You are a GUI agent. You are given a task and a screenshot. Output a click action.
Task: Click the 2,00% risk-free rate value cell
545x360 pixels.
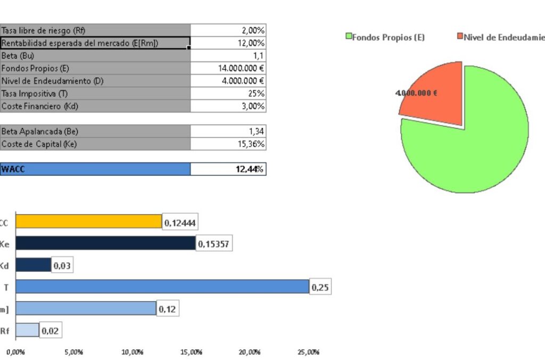(x=228, y=30)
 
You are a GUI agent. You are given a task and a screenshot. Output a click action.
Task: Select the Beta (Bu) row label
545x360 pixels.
(x=95, y=55)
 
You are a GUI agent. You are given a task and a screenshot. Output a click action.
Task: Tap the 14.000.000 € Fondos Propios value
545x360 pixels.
(x=228, y=68)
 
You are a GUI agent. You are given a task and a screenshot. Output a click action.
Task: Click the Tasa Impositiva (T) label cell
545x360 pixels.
(x=95, y=93)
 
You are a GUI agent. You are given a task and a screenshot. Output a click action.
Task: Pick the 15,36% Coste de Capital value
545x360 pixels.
(x=228, y=144)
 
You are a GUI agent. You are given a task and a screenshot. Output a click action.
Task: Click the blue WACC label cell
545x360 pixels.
(x=95, y=169)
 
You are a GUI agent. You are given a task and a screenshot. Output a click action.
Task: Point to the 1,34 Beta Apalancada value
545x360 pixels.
(x=228, y=131)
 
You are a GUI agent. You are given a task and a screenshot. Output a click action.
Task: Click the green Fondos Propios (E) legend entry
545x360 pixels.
(x=385, y=37)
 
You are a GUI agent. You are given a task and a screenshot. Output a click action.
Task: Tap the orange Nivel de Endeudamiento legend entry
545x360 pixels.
(x=500, y=37)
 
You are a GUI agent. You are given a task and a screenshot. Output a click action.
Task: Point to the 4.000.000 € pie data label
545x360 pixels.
(x=416, y=93)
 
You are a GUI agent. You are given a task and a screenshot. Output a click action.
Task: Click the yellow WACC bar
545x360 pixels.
(x=88, y=221)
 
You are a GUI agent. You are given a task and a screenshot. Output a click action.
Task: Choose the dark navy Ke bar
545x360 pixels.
(x=105, y=243)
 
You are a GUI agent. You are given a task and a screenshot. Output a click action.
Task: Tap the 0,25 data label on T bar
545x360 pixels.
(x=320, y=287)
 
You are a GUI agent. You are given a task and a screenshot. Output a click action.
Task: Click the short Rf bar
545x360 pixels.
(x=27, y=330)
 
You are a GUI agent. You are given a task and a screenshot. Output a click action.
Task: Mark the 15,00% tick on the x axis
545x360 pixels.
(x=191, y=352)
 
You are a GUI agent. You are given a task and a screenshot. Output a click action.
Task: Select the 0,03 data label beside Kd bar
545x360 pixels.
(x=62, y=265)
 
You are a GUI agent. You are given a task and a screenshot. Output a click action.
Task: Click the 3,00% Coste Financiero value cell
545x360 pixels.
(x=228, y=106)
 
